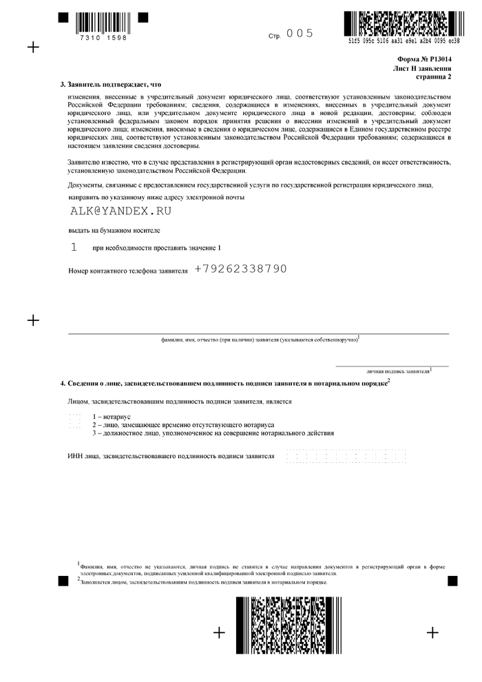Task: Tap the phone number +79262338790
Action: pos(240,269)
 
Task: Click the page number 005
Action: pos(300,34)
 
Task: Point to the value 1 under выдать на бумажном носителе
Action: pos(74,246)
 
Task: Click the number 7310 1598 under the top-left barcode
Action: pos(103,37)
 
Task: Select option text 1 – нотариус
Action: pos(112,417)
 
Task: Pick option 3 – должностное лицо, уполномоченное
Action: pos(213,433)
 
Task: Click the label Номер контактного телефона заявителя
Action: pos(128,271)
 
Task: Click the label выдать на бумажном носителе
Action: pos(114,230)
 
